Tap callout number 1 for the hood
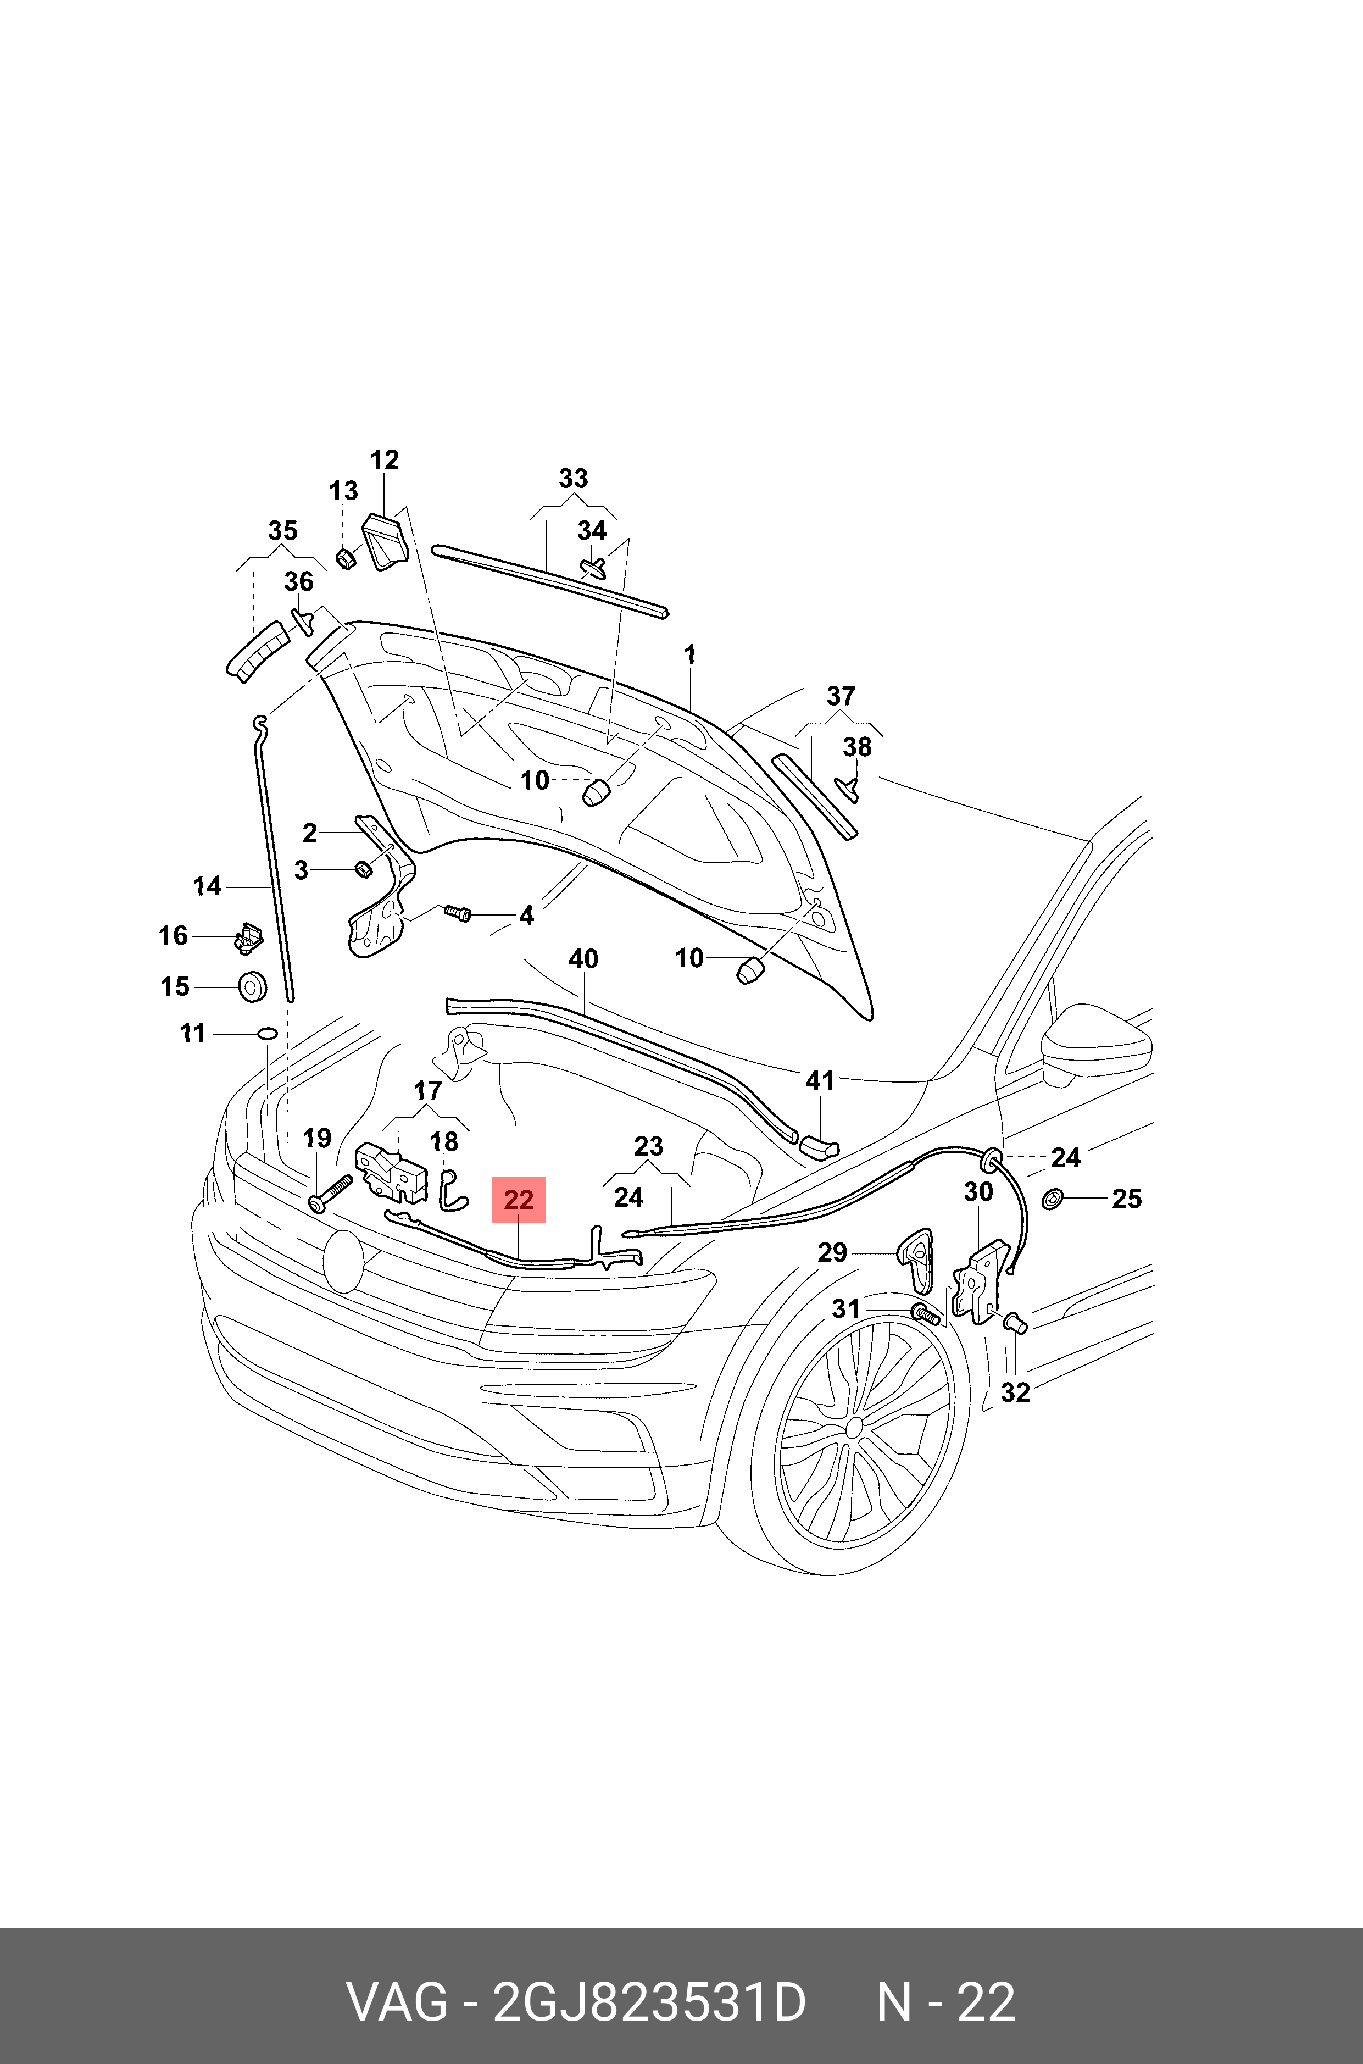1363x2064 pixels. [690, 656]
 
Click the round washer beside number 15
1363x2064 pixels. [253, 987]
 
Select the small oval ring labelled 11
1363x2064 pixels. [267, 1033]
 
